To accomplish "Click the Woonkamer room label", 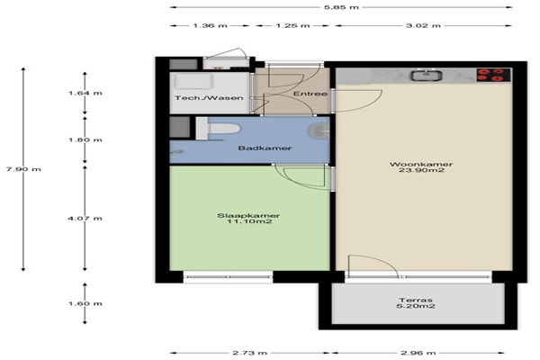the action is (x=421, y=165).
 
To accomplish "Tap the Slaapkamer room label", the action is (x=248, y=216).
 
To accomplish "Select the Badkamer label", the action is (x=265, y=148).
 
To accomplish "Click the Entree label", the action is (x=310, y=94).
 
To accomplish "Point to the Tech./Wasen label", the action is (x=209, y=98).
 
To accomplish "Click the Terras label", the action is (x=415, y=300).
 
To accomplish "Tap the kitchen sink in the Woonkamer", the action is (x=426, y=76).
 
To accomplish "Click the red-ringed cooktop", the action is (x=493, y=75).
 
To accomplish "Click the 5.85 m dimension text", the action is (x=341, y=7).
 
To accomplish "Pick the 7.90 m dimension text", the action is (x=23, y=169).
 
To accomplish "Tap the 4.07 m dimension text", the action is (x=85, y=219).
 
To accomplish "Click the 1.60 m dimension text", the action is (x=85, y=303).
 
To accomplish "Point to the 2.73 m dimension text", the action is (x=249, y=353).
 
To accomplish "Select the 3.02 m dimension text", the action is (x=423, y=25).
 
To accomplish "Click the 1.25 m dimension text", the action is (x=292, y=25).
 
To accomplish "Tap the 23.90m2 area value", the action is (x=421, y=170).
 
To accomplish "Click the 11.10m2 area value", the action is (x=249, y=221).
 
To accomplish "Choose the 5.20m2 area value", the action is (x=415, y=306).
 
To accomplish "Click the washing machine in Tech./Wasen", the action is (x=193, y=81).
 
